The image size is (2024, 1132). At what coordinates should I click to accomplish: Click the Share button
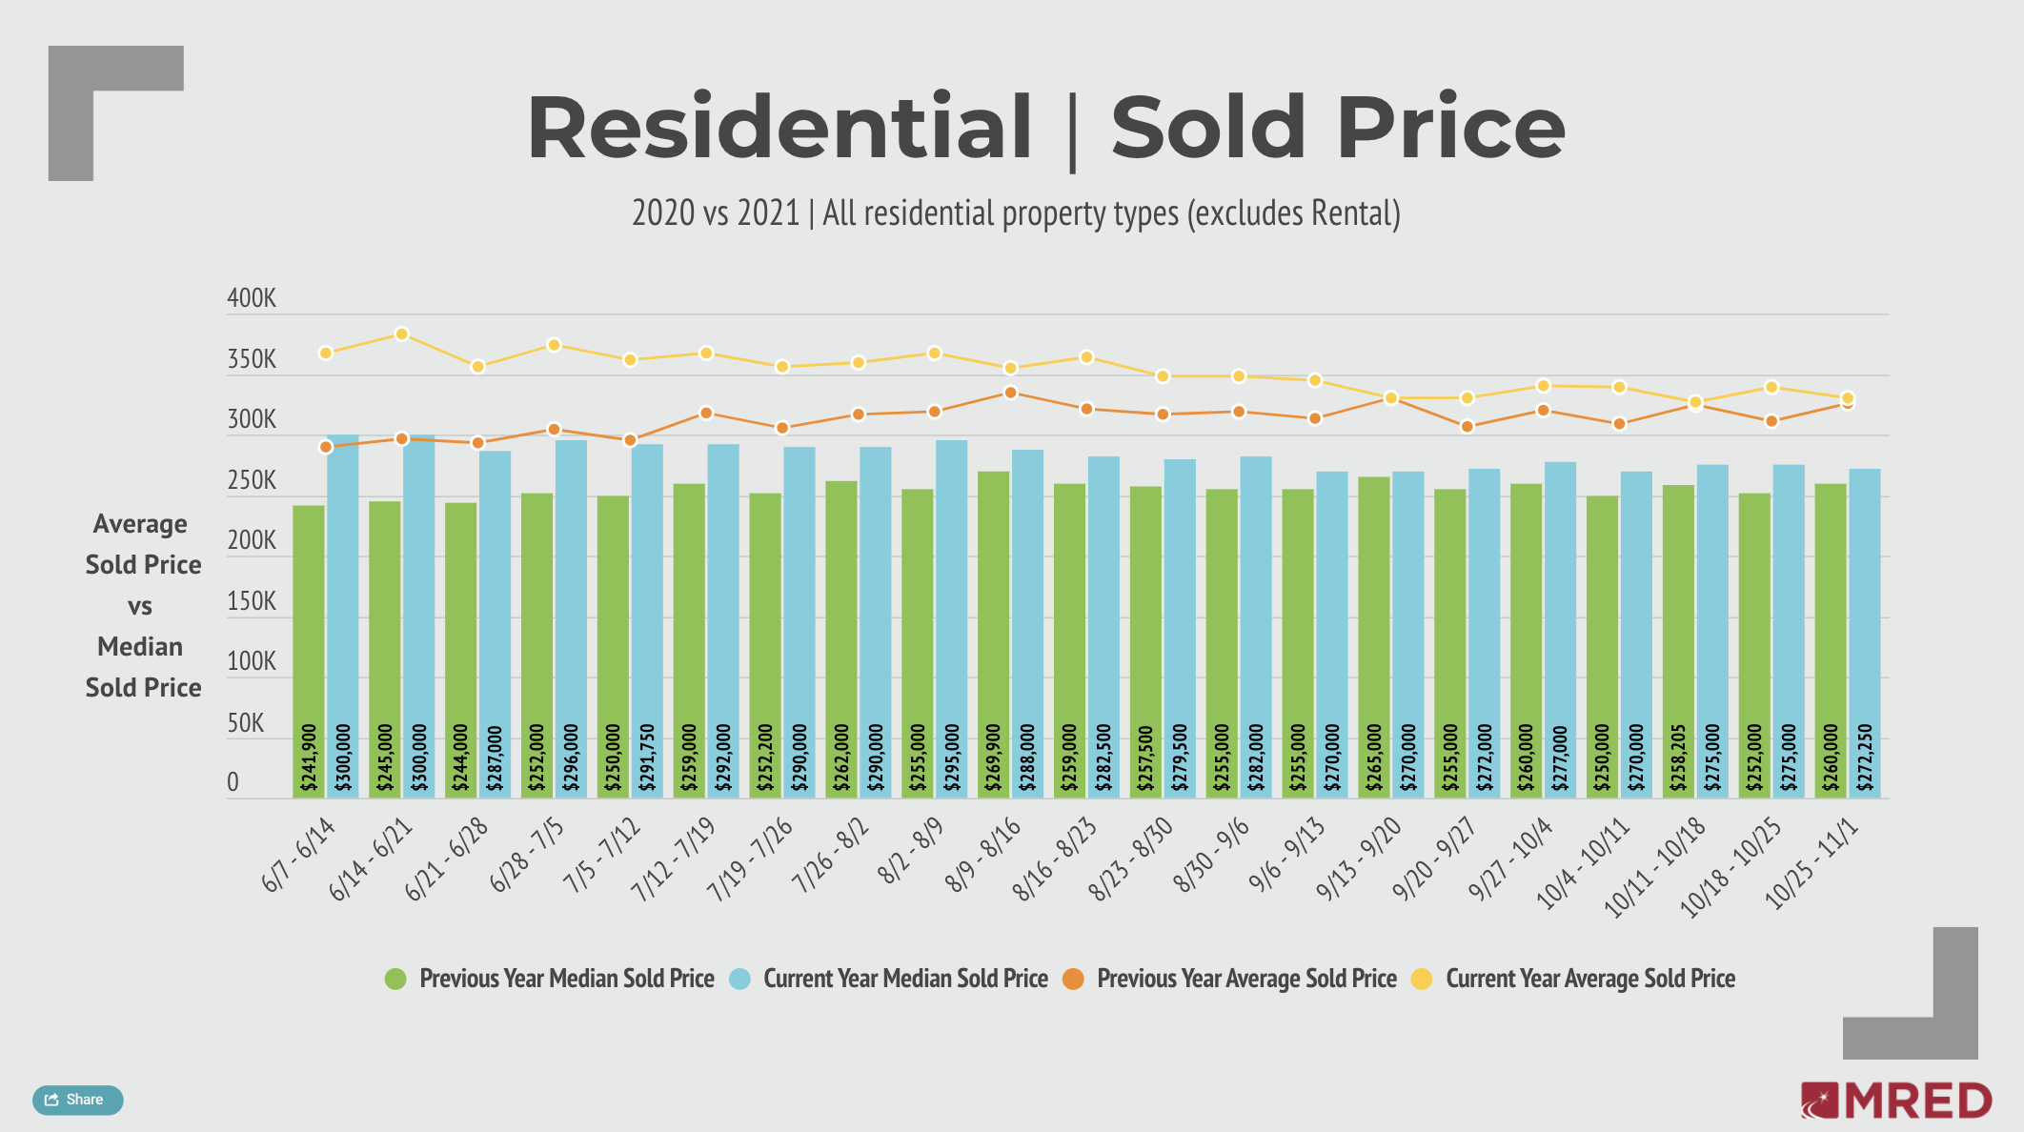tap(77, 1100)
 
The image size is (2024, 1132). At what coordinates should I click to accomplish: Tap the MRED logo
tap(1896, 1102)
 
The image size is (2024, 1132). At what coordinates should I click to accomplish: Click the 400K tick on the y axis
tap(252, 299)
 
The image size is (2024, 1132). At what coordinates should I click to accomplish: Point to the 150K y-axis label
tap(252, 602)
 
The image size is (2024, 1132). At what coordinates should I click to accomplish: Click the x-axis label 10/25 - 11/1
tap(1811, 863)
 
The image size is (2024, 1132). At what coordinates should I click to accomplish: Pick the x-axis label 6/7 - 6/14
tap(298, 855)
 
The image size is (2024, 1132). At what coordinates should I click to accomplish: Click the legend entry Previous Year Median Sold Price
tap(566, 979)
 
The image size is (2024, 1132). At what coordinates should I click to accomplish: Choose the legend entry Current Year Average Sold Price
tap(1589, 979)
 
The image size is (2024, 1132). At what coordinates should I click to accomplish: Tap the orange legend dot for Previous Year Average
tap(1073, 979)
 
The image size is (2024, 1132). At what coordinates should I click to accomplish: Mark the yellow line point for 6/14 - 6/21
tap(402, 334)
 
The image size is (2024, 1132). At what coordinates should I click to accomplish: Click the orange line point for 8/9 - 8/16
tap(1011, 393)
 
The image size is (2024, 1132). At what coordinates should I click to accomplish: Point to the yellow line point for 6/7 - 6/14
tap(326, 354)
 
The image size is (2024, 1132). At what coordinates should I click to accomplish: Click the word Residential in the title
tap(779, 128)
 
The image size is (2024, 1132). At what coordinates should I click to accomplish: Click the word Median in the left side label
tap(140, 647)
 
